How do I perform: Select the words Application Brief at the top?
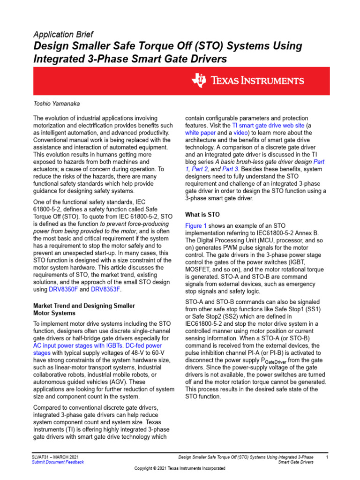[63, 35]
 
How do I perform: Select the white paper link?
[200, 133]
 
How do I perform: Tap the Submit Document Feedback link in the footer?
[58, 462]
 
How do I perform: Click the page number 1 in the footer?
[327, 457]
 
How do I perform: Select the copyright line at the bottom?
[180, 469]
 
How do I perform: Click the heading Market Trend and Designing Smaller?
[84, 306]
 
